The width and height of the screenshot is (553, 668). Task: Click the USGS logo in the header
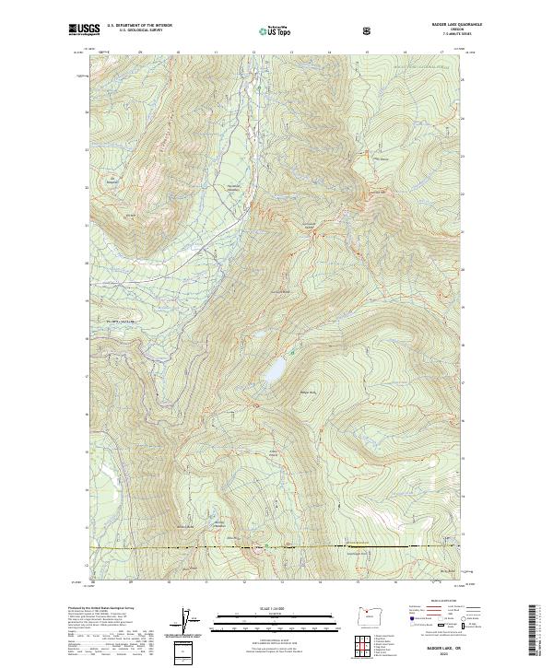point(83,30)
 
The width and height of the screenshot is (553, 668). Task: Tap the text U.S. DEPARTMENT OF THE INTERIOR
point(139,27)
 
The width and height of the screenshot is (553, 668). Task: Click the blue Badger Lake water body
point(274,371)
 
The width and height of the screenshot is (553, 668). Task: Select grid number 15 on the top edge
point(367,53)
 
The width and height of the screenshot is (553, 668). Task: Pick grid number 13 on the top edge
point(291,53)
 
